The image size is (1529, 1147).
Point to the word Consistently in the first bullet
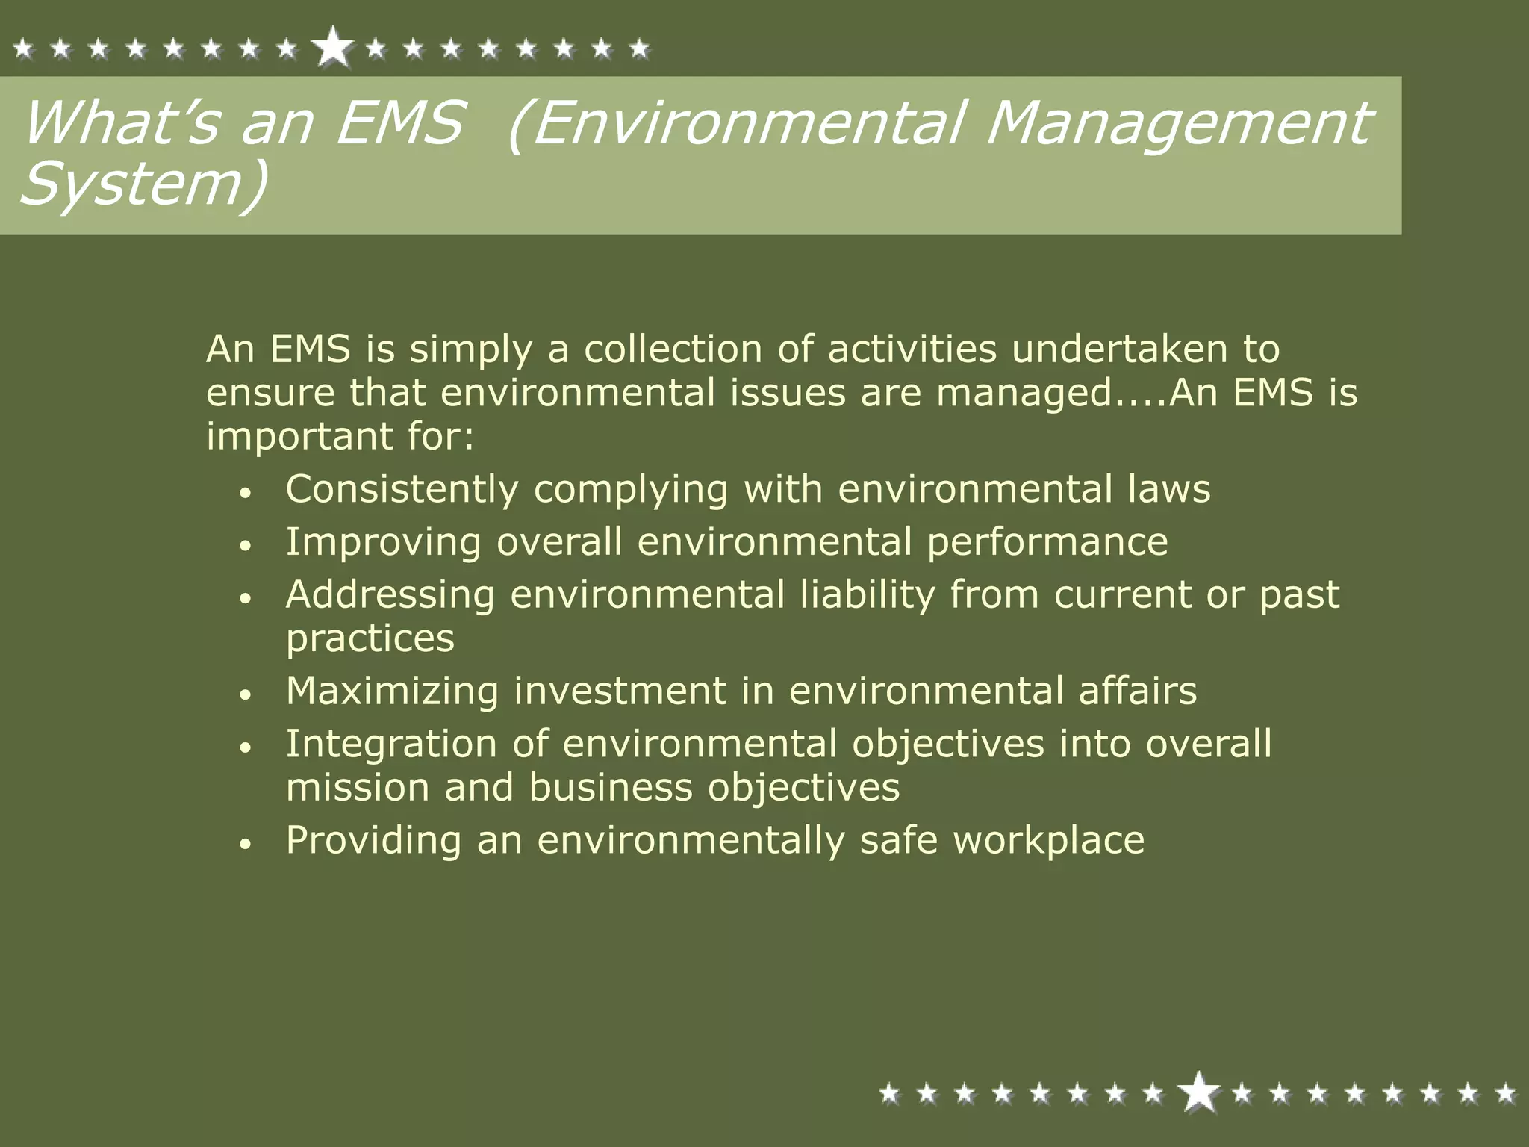click(x=402, y=490)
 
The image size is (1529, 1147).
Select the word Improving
click(x=383, y=542)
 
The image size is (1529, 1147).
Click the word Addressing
click(x=390, y=595)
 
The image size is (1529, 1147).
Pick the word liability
click(x=867, y=595)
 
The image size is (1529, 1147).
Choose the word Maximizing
click(x=392, y=691)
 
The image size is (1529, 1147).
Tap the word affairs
click(x=1137, y=691)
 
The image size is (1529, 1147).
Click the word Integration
click(x=391, y=745)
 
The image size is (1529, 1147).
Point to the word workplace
click(x=1048, y=841)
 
